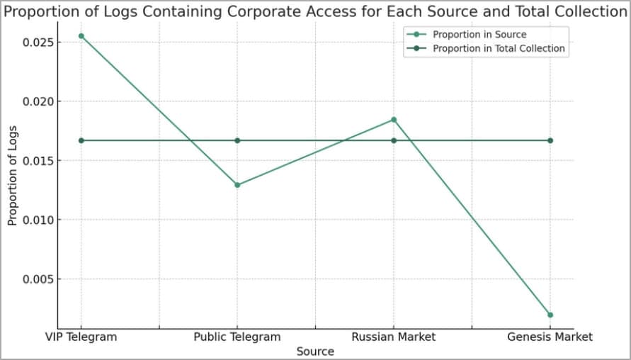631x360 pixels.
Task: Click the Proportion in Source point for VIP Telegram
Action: (81, 36)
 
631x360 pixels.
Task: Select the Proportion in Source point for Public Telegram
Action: (237, 185)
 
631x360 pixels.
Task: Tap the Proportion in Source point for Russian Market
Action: (394, 120)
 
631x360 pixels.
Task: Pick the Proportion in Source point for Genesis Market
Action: (550, 315)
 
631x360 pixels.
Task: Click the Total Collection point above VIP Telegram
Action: (81, 140)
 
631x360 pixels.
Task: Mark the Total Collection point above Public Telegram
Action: (237, 140)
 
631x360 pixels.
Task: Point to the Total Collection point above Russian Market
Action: (394, 140)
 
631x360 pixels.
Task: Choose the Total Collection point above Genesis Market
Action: (550, 140)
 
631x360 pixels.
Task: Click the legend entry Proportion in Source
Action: (479, 34)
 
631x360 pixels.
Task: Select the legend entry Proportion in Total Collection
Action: (499, 48)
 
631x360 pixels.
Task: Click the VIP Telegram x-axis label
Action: (81, 337)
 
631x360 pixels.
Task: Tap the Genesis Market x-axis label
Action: (550, 337)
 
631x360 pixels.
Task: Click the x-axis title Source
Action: (315, 351)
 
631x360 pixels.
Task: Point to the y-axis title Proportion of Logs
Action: (13, 175)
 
